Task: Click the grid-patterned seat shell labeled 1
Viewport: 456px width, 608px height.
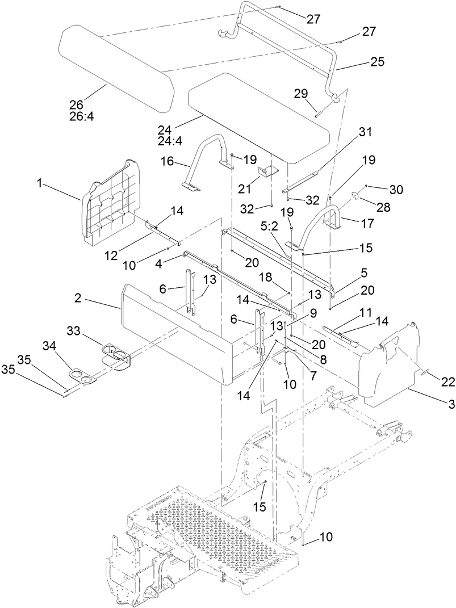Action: [x=114, y=204]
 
